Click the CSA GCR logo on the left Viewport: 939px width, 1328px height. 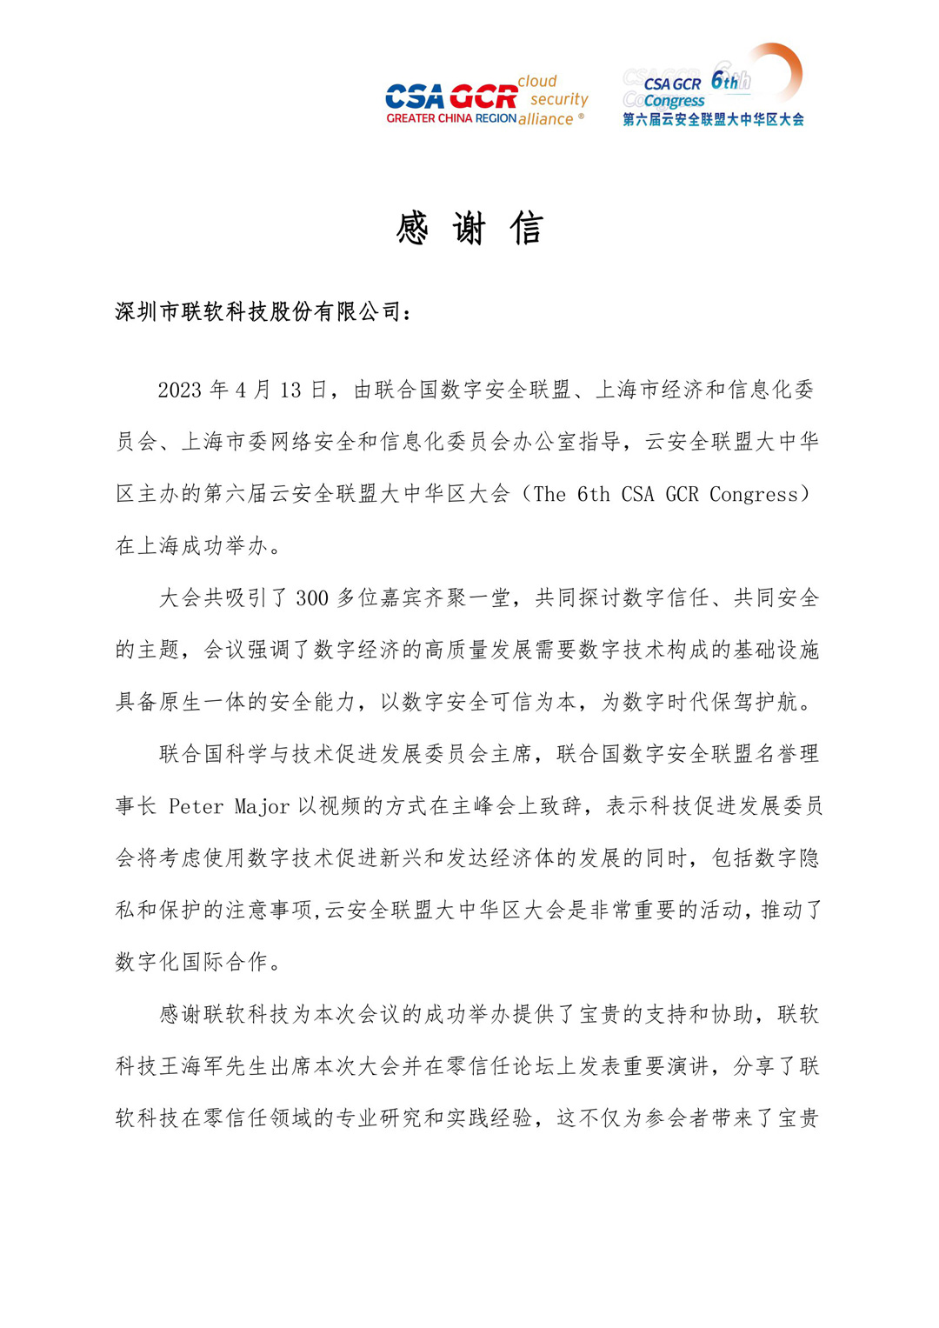(451, 97)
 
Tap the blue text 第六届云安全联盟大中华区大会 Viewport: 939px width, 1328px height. (713, 120)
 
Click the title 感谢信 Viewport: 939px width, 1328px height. (469, 229)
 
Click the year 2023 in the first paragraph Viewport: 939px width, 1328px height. (180, 390)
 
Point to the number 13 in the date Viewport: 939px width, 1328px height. (290, 390)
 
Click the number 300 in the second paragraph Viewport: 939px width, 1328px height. (312, 598)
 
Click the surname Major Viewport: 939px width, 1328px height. (262, 806)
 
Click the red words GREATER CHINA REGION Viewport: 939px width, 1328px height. (451, 118)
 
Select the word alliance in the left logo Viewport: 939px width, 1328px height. (546, 119)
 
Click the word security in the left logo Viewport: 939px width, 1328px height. (560, 99)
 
